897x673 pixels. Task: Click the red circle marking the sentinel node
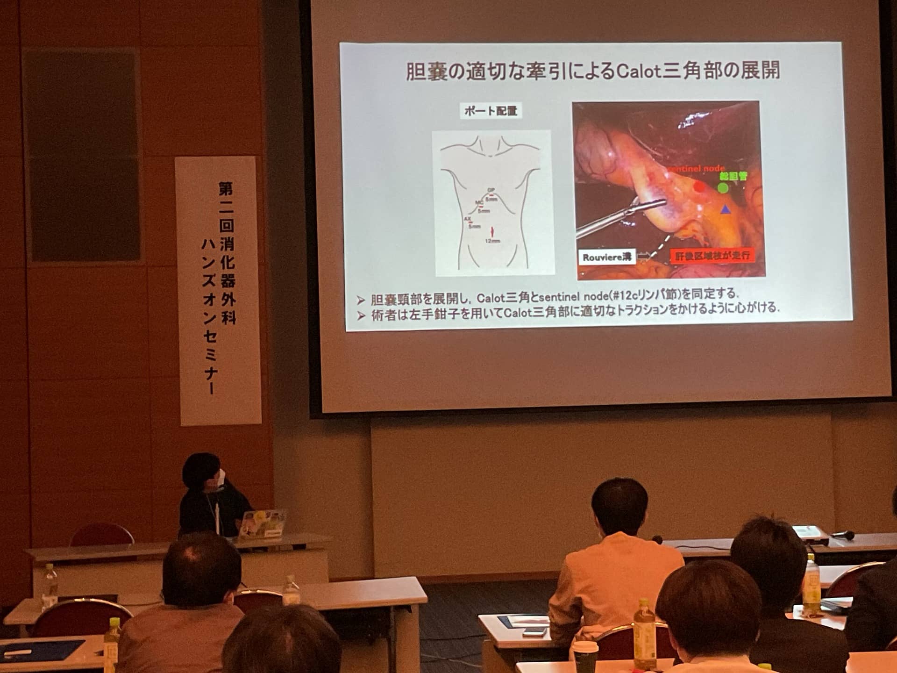pyautogui.click(x=699, y=187)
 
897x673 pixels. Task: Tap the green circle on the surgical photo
pyautogui.click(x=723, y=188)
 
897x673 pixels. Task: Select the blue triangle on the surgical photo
pyautogui.click(x=725, y=209)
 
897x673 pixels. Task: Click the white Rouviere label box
pyautogui.click(x=607, y=258)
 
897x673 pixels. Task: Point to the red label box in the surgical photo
pyautogui.click(x=712, y=256)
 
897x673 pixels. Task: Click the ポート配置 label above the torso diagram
pyautogui.click(x=491, y=111)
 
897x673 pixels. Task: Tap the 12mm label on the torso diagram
pyautogui.click(x=492, y=241)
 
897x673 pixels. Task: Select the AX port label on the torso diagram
pyautogui.click(x=467, y=219)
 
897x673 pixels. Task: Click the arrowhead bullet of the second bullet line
pyautogui.click(x=360, y=316)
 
